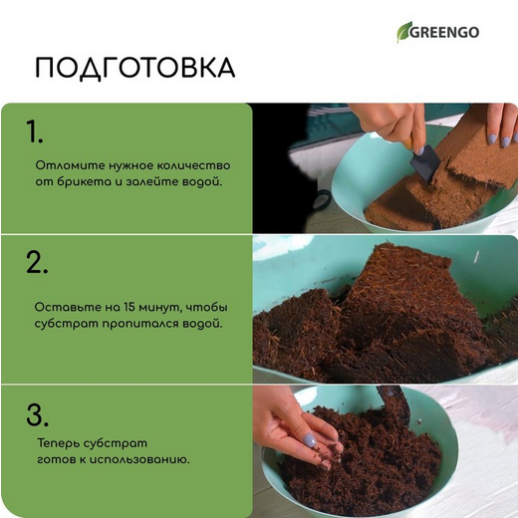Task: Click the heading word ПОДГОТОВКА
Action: coord(134,68)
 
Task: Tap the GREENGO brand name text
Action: coord(446,32)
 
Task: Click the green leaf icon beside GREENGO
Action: coord(405,32)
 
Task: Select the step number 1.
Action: coord(35,131)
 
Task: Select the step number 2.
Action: coord(37,262)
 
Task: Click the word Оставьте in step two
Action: coord(62,306)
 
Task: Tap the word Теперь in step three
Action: coord(55,441)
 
